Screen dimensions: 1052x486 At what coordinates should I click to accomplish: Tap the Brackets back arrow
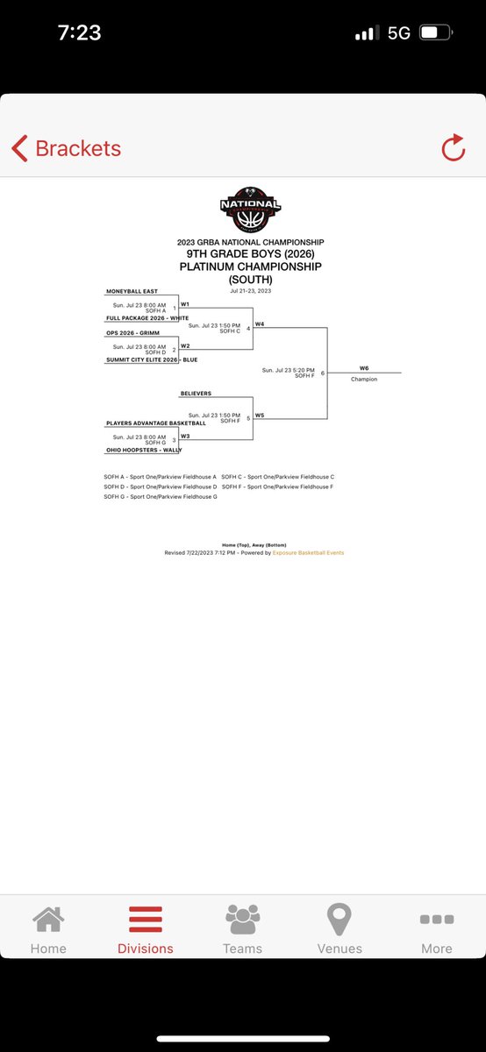pos(19,148)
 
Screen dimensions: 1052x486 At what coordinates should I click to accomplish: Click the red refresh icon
pos(453,148)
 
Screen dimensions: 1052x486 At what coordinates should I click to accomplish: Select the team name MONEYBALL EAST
pos(132,291)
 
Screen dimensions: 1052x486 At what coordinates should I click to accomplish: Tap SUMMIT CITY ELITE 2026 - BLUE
pos(151,359)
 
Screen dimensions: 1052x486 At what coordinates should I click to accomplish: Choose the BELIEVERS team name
pos(196,394)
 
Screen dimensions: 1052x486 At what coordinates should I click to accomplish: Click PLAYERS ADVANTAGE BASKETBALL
pos(156,423)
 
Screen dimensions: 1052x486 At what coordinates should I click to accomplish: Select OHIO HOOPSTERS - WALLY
pos(144,450)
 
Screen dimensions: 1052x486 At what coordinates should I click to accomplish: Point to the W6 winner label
pos(364,368)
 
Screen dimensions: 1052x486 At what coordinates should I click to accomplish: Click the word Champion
pos(364,380)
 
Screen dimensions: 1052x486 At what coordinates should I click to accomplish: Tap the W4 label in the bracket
pos(261,324)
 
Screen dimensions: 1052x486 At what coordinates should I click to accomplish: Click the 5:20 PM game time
pos(286,370)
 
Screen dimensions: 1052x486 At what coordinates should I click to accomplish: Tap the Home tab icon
pos(48,920)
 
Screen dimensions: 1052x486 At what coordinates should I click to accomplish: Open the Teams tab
pos(242,930)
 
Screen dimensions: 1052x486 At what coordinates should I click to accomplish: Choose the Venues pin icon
pos(339,920)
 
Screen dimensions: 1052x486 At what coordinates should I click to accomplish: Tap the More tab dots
pos(436,920)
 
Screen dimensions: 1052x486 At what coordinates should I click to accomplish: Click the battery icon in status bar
pos(433,33)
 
